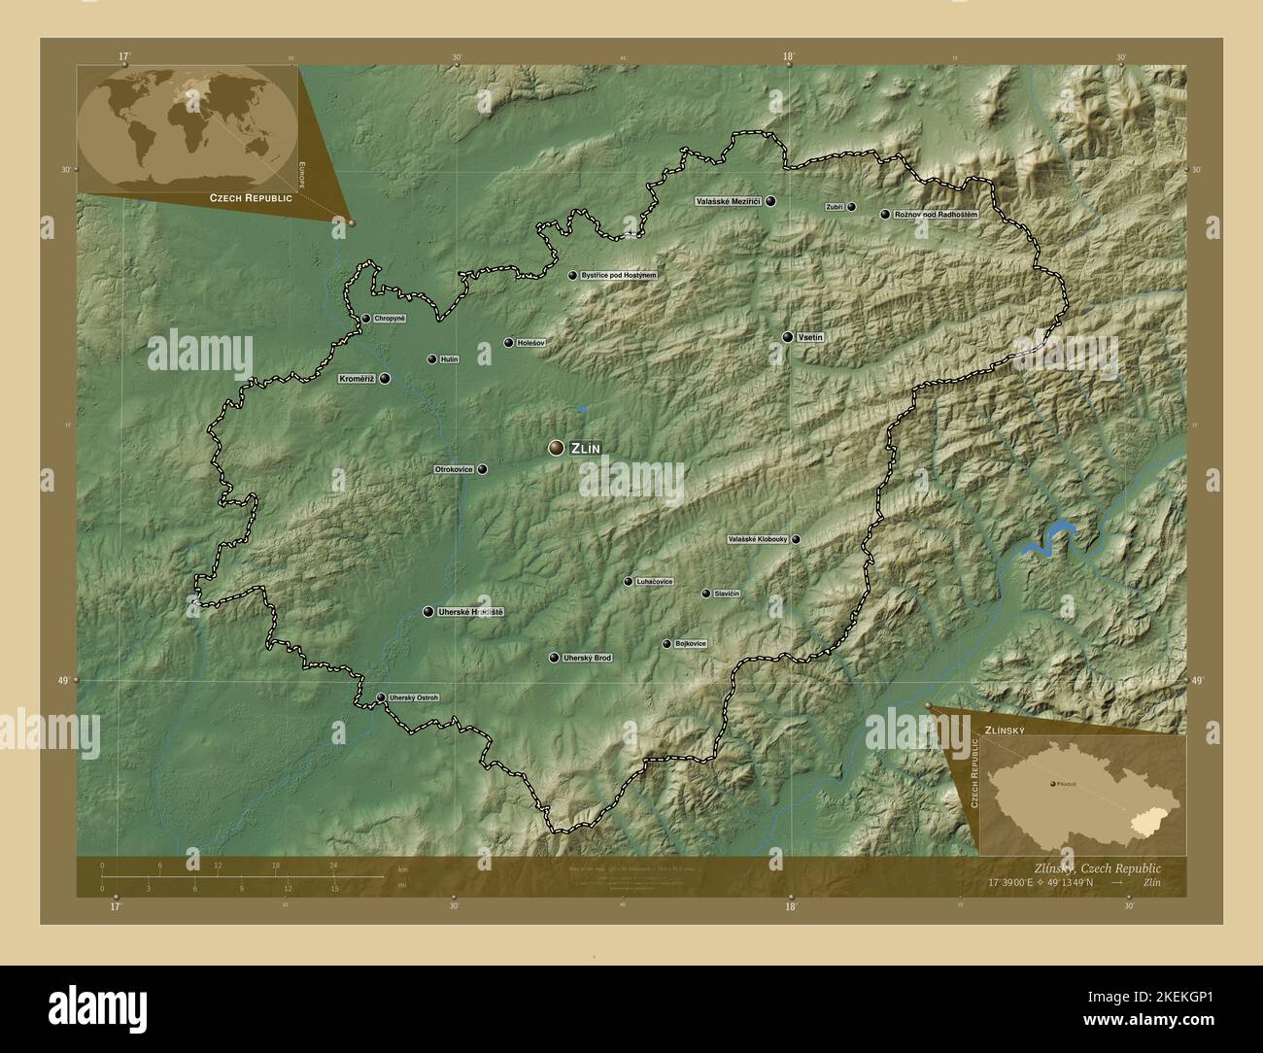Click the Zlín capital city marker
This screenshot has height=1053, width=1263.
pyautogui.click(x=556, y=447)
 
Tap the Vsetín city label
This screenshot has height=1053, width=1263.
pyautogui.click(x=810, y=337)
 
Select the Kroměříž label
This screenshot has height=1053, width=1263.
pyautogui.click(x=357, y=379)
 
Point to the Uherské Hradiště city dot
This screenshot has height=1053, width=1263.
pyautogui.click(x=428, y=612)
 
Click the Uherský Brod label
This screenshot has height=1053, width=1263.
pyautogui.click(x=588, y=659)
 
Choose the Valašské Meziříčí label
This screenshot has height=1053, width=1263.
pyautogui.click(x=728, y=202)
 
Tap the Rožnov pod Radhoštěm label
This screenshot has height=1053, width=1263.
pyautogui.click(x=936, y=214)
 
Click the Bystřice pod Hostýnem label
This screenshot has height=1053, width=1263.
pyautogui.click(x=619, y=276)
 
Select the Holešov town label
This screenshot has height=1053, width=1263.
pyautogui.click(x=532, y=343)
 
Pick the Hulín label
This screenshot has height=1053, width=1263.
pyautogui.click(x=449, y=359)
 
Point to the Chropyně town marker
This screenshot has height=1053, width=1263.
pyautogui.click(x=365, y=319)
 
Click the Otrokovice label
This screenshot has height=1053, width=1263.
pyautogui.click(x=454, y=469)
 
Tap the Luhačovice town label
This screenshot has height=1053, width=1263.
pyautogui.click(x=655, y=582)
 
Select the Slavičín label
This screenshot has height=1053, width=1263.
pyautogui.click(x=728, y=594)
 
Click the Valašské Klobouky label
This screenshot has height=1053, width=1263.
pyautogui.click(x=758, y=539)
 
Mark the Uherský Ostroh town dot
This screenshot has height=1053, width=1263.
pyautogui.click(x=381, y=697)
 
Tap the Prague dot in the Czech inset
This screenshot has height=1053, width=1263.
pyautogui.click(x=1053, y=783)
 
